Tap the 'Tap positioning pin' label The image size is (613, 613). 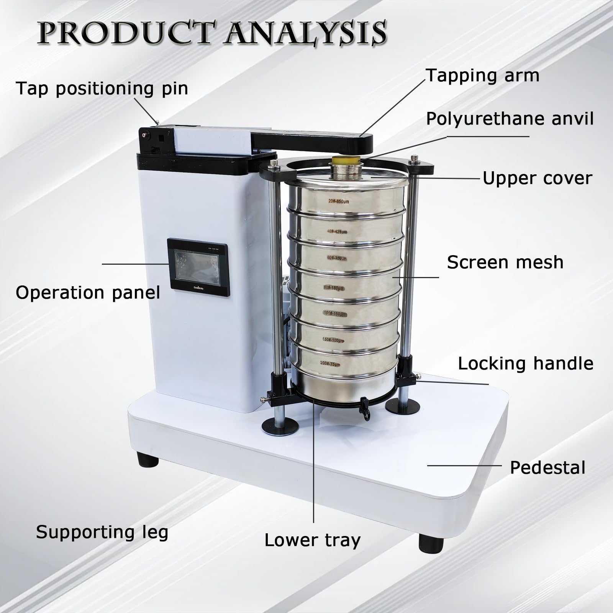[x=102, y=89]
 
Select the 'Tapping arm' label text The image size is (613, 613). [x=483, y=75]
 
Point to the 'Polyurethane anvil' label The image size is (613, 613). [x=510, y=119]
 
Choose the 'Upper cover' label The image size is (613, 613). [x=537, y=179]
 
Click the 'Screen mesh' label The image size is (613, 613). [x=505, y=262]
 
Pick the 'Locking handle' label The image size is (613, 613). [x=526, y=363]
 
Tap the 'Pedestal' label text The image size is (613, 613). [x=547, y=468]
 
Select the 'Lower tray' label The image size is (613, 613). [x=313, y=540]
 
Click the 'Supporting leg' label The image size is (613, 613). [x=102, y=532]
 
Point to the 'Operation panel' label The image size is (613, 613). [x=88, y=293]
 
